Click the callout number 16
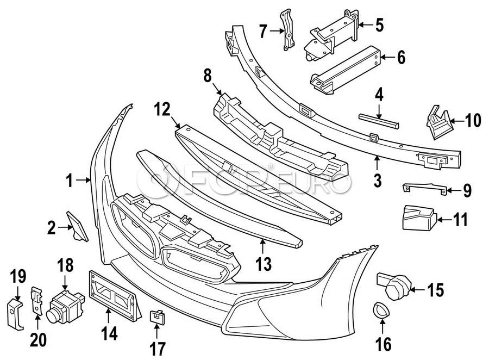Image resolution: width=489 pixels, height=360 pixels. (383, 344)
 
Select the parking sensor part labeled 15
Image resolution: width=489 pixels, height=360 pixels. (394, 284)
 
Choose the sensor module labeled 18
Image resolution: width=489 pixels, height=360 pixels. (65, 306)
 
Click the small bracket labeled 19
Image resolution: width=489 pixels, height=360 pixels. (15, 313)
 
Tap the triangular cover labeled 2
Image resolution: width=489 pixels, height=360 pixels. (77, 227)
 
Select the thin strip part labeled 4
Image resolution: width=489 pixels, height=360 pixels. (379, 121)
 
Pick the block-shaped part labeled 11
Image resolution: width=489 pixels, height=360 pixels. (419, 218)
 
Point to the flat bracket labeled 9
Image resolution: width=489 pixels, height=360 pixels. (424, 188)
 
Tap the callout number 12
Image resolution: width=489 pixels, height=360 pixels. (162, 110)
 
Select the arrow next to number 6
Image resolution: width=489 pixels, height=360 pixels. (387, 57)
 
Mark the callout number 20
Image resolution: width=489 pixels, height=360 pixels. (39, 340)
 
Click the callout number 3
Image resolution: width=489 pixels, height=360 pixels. (378, 181)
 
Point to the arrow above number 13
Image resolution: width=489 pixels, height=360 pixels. (262, 246)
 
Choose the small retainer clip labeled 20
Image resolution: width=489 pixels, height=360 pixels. (36, 300)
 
